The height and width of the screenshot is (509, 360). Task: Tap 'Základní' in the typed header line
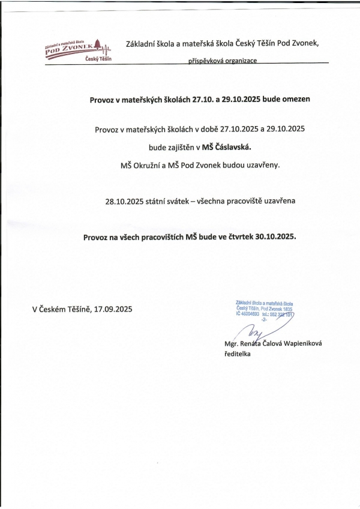pos(141,44)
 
